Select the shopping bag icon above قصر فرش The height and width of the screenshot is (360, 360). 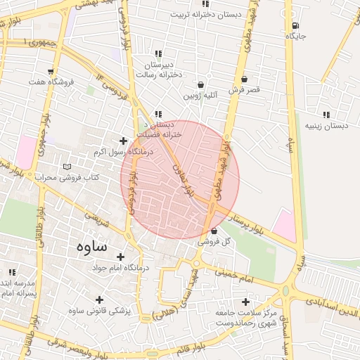(x=244, y=79)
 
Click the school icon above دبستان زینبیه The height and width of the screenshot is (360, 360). (x=326, y=115)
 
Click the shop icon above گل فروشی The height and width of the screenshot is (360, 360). (x=214, y=230)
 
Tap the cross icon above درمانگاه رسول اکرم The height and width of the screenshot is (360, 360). (x=124, y=141)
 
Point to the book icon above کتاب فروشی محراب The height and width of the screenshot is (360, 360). (x=67, y=167)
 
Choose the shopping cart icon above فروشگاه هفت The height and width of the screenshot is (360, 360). (x=50, y=71)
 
